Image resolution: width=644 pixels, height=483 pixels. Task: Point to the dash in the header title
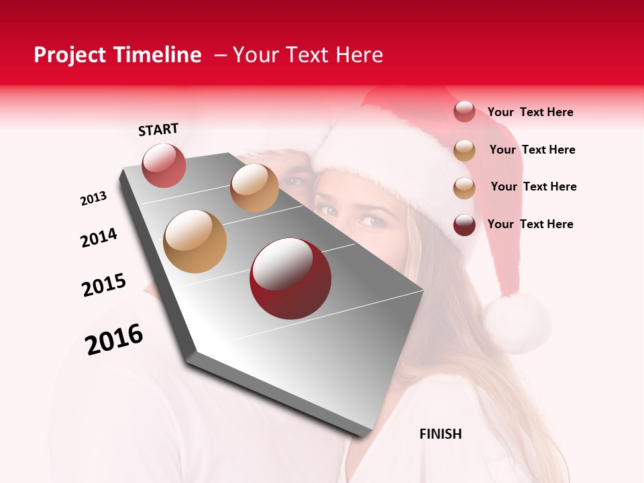click(220, 55)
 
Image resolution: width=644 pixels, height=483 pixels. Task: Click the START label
click(158, 129)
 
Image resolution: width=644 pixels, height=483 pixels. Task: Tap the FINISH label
click(440, 434)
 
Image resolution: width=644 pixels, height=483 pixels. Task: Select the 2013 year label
click(94, 199)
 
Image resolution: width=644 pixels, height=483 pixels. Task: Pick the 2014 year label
click(99, 237)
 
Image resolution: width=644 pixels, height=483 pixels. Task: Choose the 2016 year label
click(114, 339)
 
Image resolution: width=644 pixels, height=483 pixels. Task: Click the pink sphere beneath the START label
click(164, 166)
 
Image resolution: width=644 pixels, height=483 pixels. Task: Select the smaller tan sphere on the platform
click(254, 188)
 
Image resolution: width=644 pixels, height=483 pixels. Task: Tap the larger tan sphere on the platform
click(195, 241)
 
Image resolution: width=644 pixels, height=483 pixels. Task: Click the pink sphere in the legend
click(464, 111)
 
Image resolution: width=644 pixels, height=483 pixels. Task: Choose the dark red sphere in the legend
click(464, 225)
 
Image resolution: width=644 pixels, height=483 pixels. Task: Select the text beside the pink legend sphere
click(530, 113)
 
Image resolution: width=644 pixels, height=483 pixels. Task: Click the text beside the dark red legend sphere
click(530, 224)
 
